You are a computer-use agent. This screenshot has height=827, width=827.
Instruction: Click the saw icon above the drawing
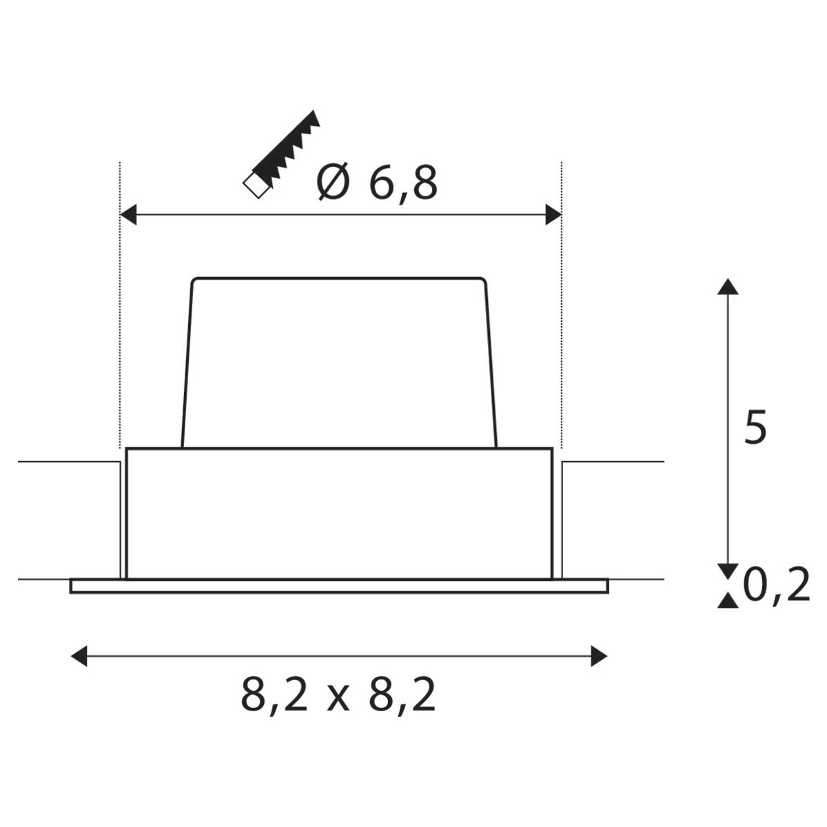pyautogui.click(x=281, y=154)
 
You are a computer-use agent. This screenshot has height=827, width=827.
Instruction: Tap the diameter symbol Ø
pyautogui.click(x=334, y=183)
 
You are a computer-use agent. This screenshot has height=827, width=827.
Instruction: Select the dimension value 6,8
pyautogui.click(x=403, y=184)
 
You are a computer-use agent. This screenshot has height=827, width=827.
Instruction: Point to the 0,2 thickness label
pyautogui.click(x=777, y=584)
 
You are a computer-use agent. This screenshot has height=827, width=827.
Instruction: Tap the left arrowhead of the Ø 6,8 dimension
pyautogui.click(x=128, y=214)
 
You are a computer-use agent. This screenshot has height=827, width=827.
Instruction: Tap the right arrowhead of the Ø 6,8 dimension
pyautogui.click(x=553, y=214)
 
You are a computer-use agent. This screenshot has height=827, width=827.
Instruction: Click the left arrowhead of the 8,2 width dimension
pyautogui.click(x=79, y=656)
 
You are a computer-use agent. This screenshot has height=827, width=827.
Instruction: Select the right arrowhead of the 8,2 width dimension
pyautogui.click(x=599, y=656)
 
